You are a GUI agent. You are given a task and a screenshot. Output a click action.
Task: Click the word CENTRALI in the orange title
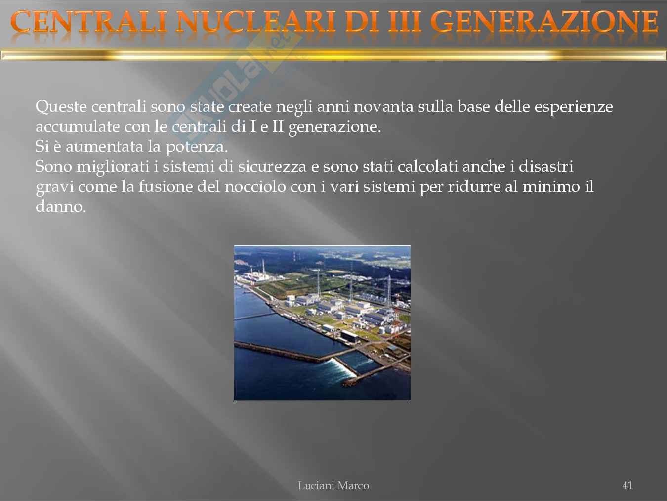coord(89,21)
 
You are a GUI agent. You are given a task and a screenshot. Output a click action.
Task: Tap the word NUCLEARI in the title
coord(256,21)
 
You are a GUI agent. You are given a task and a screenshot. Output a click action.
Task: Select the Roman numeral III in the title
coord(405,21)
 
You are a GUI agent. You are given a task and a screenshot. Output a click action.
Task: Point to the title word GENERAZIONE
coord(544,21)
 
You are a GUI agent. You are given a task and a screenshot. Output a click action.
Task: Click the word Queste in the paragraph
coord(61,107)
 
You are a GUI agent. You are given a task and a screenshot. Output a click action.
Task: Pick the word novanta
coord(383,107)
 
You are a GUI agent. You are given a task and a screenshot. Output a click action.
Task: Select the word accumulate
coord(78,127)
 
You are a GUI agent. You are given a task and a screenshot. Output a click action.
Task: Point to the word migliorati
coord(113,167)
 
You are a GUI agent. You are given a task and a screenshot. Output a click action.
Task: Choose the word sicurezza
coord(272,167)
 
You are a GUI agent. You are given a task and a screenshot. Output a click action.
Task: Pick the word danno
coord(61,207)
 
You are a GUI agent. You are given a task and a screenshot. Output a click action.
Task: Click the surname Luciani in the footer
coord(316,486)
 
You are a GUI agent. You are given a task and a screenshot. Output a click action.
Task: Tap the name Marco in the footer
coord(353,486)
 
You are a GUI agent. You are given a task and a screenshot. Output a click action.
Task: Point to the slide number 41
coord(627,485)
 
